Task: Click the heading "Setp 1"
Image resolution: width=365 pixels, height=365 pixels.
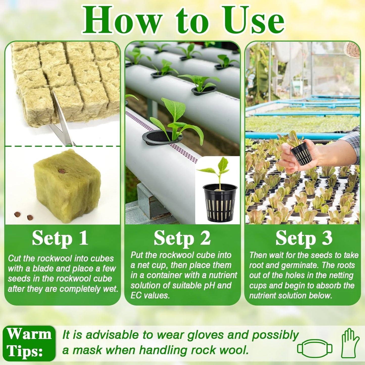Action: coord(60,238)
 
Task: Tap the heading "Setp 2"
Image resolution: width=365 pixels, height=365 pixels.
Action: coord(182,238)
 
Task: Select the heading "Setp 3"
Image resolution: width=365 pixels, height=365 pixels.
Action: coord(304,238)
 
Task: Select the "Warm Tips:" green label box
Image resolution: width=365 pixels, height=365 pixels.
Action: coord(29,343)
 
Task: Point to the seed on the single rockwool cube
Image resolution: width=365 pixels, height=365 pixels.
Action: coord(61,171)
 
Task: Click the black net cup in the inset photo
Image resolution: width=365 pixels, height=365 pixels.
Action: coord(220,202)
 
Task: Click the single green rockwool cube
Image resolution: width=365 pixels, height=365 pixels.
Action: coord(67,187)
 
